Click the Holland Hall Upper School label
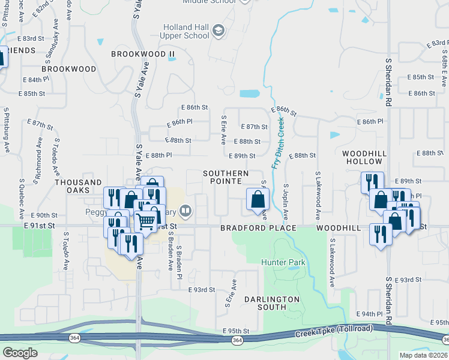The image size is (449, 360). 187,31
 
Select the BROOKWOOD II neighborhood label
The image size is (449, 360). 143,54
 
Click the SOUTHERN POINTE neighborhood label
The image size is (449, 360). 225,177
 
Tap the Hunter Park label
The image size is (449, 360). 283,262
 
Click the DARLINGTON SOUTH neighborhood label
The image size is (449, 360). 272,302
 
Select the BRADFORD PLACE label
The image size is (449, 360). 258,229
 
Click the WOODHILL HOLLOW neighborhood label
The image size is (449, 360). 363,158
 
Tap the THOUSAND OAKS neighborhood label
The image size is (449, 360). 78,186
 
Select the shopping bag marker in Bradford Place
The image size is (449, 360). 258,199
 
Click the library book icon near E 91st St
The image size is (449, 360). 185,211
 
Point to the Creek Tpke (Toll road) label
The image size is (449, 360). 333,331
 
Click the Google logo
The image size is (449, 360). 20,353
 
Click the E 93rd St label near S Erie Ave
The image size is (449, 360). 201,290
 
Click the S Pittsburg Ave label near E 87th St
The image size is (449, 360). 7,130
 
